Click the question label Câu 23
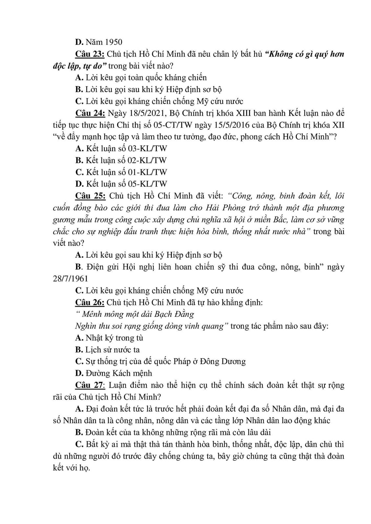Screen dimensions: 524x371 90,54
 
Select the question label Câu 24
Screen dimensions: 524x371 90,113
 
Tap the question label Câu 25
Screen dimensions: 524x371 90,196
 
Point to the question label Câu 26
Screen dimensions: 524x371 90,302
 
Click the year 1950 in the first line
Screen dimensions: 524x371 113,42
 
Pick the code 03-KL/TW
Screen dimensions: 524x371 147,149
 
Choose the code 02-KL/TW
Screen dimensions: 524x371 147,160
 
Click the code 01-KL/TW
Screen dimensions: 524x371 147,172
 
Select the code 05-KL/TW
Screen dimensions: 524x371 147,184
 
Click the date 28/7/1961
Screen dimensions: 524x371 70,278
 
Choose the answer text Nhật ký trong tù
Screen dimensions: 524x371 114,337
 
